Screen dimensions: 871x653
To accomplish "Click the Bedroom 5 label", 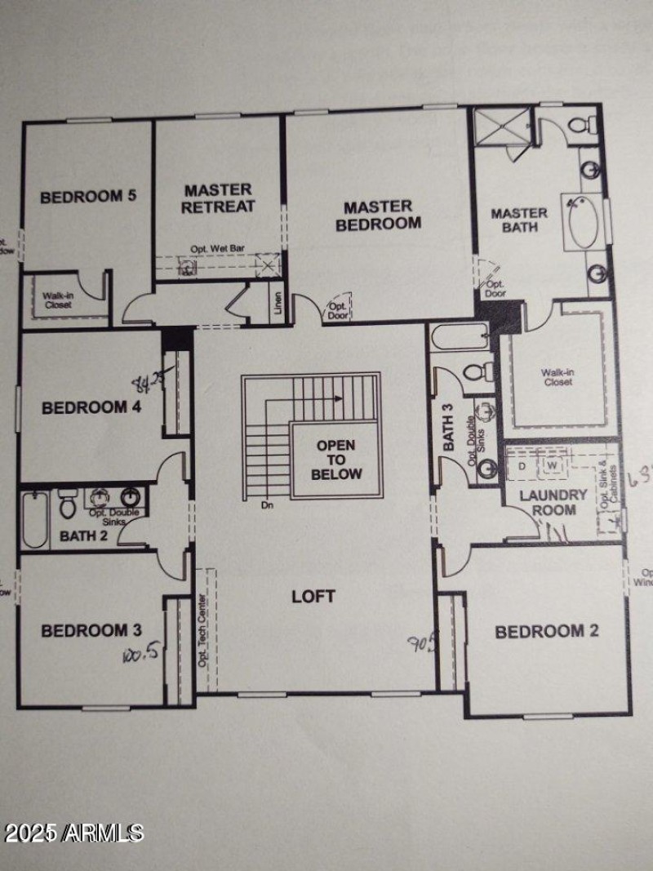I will [88, 196].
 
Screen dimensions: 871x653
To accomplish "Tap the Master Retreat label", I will [218, 198].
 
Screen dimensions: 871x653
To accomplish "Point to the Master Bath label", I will [519, 220].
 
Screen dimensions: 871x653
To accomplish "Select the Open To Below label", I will [335, 460].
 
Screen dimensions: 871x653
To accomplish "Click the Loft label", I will [313, 597].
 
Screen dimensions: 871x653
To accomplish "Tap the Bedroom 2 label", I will [540, 631].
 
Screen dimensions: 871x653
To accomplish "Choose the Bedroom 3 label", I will [91, 630].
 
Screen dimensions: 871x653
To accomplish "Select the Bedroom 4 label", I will [91, 407].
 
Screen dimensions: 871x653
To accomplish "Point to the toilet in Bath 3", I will [475, 372].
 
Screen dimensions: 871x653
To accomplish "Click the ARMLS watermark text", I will [73, 833].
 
